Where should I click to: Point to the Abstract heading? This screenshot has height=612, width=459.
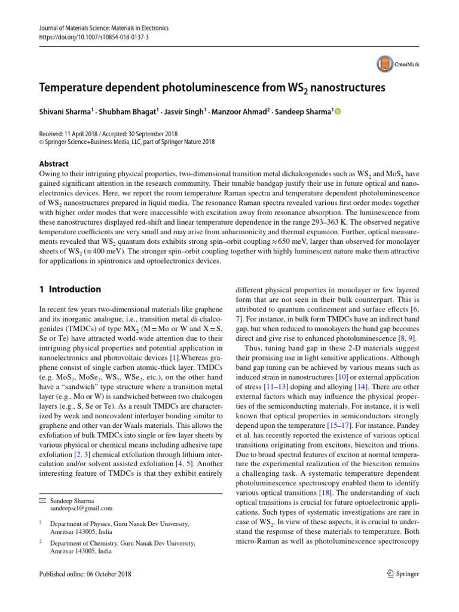point(54,164)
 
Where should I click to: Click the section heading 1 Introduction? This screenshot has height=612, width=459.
point(70,289)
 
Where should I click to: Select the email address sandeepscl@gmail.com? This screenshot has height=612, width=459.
point(81,508)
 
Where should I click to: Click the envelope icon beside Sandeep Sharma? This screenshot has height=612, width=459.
point(42,500)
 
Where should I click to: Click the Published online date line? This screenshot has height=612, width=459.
point(85,574)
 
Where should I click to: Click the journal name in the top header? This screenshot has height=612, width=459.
point(104,27)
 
